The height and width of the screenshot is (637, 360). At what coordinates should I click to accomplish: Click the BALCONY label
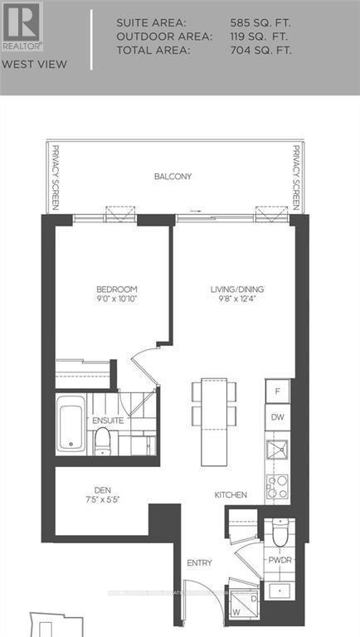coord(173,177)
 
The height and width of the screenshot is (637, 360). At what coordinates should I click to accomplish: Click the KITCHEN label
coord(231,495)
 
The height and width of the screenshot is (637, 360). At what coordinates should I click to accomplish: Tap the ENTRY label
coord(200,563)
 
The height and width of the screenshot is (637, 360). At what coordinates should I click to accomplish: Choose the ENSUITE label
coord(108,421)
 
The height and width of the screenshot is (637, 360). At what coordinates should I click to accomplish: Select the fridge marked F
coord(278,390)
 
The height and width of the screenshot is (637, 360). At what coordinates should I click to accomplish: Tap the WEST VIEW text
coord(23,63)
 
